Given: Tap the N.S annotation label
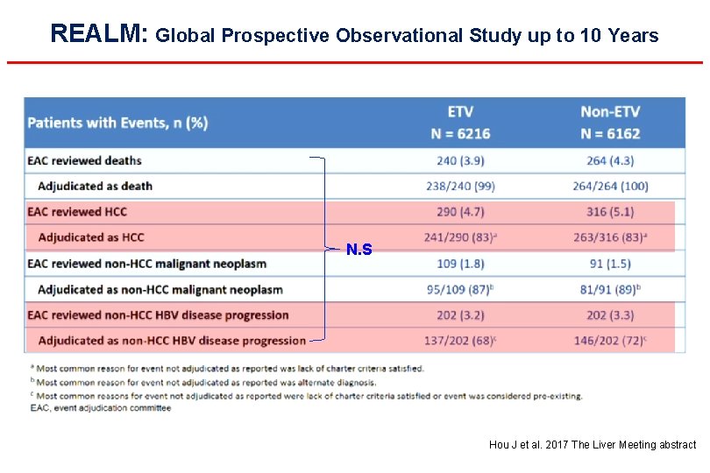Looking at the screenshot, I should tap(359, 251).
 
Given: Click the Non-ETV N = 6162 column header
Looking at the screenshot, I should tap(610, 123).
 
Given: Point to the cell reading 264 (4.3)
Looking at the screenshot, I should tap(609, 160).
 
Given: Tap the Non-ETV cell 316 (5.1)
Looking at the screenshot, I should tap(609, 211).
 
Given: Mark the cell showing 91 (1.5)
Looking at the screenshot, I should tap(609, 263).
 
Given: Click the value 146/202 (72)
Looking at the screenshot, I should tap(611, 340).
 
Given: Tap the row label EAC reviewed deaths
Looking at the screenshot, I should tap(84, 160).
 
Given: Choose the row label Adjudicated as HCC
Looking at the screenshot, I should tap(91, 237).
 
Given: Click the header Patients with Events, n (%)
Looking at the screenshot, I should tap(117, 123).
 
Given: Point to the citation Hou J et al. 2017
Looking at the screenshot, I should tap(593, 445).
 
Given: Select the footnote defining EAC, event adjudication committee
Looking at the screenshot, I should tap(101, 407).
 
